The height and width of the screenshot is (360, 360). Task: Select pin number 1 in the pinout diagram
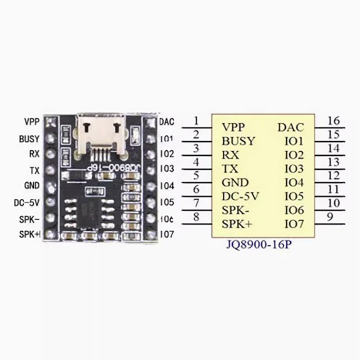click(196, 121)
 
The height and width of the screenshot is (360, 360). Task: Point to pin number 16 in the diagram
click(333, 121)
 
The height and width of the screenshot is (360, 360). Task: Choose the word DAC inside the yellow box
click(291, 127)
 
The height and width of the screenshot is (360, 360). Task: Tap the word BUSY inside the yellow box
click(238, 141)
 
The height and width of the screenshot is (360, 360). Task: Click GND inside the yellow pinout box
click(235, 183)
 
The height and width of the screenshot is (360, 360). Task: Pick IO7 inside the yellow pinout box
click(294, 224)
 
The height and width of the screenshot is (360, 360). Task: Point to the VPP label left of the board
click(31, 122)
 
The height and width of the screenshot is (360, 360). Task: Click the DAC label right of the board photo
click(166, 122)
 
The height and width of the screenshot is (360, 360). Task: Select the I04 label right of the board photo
click(166, 185)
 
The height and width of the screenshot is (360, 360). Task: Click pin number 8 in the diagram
click(196, 217)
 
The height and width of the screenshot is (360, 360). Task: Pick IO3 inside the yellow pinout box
click(294, 169)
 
